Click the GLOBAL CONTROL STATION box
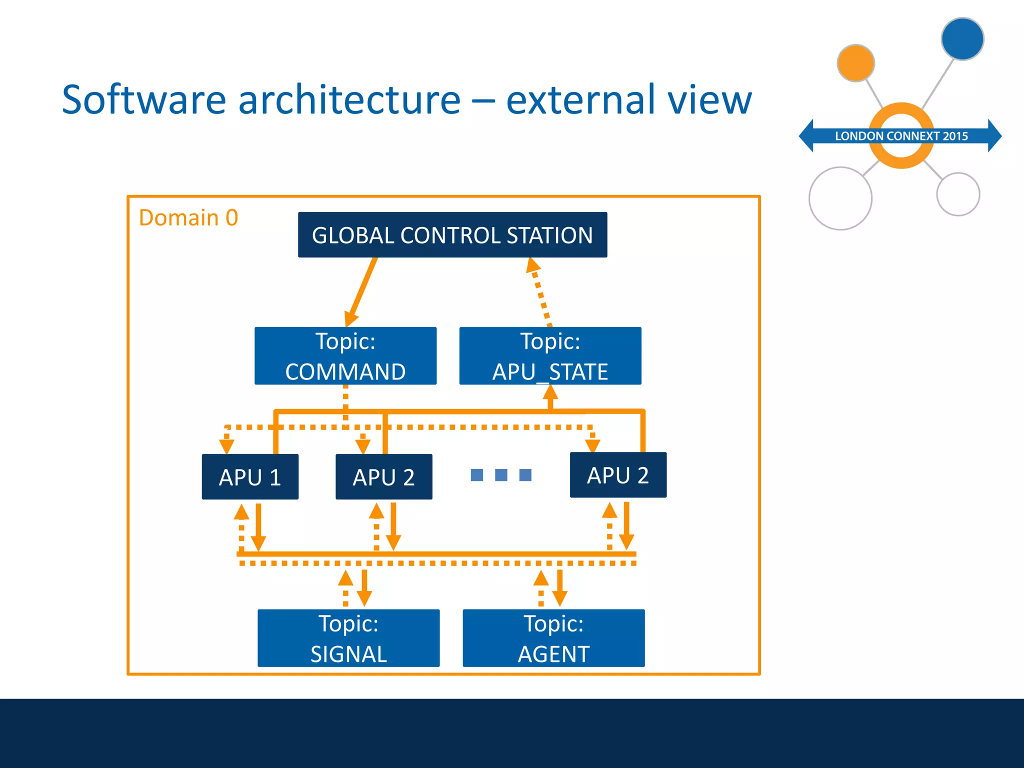tap(452, 234)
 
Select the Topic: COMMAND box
tap(345, 355)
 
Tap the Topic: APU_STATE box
tap(550, 355)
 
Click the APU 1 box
tap(250, 476)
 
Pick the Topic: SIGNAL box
tap(348, 637)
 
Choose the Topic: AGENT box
tap(553, 637)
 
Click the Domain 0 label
tap(188, 217)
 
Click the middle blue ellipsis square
tap(501, 474)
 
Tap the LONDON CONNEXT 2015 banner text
tap(901, 136)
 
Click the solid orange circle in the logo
tap(855, 63)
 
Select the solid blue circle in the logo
tap(962, 39)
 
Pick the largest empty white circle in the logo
tap(840, 198)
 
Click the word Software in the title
tap(144, 99)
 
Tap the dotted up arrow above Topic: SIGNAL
tap(345, 588)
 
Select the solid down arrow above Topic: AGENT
tap(560, 588)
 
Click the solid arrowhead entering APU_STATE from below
tap(550, 392)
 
